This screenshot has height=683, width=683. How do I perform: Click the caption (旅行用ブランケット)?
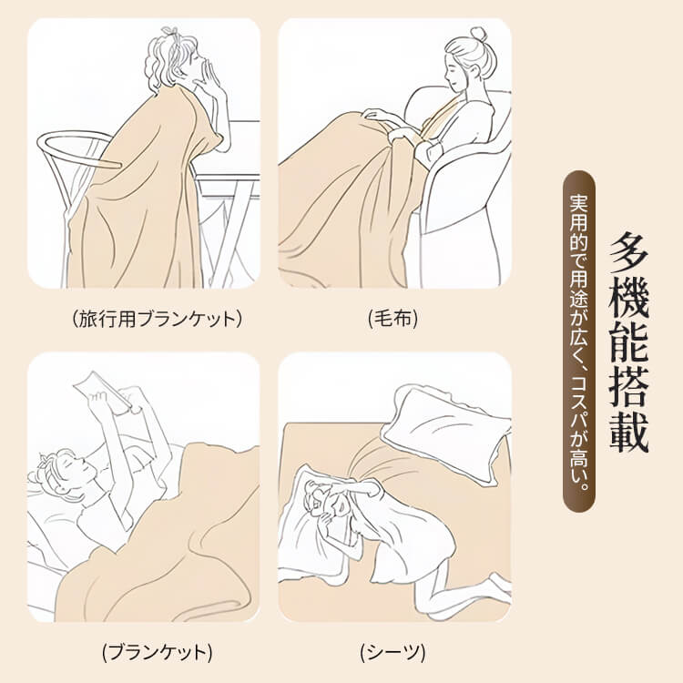click(157, 319)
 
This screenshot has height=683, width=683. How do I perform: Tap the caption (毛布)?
click(392, 319)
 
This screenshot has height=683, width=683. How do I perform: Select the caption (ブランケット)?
click(157, 652)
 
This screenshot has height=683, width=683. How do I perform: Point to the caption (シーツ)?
click(392, 652)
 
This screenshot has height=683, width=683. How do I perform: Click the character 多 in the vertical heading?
click(628, 253)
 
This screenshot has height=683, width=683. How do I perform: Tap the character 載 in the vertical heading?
click(628, 432)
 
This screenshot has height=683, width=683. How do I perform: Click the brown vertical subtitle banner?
click(579, 341)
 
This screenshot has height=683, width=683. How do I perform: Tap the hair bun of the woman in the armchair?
click(479, 33)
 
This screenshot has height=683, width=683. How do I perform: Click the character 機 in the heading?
click(628, 300)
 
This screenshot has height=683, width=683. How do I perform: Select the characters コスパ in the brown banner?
click(579, 401)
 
